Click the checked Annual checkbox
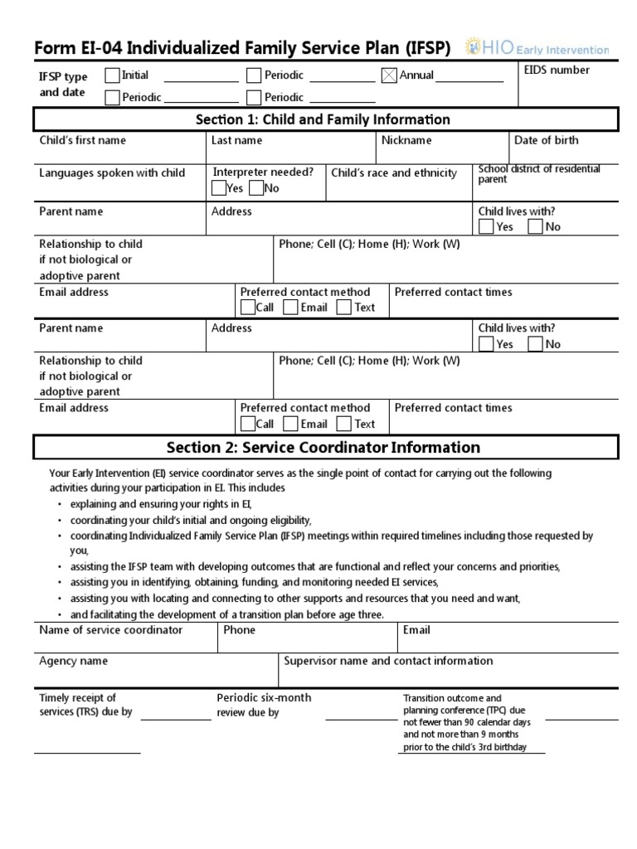click(389, 75)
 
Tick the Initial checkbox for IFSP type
click(113, 75)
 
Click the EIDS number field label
click(557, 70)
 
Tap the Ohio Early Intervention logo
click(537, 48)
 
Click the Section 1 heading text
click(323, 119)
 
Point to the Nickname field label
click(406, 140)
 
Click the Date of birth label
click(546, 140)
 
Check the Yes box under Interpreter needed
click(220, 188)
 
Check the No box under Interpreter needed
click(256, 188)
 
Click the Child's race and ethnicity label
click(394, 173)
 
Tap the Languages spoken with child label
click(112, 173)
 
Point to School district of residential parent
click(539, 174)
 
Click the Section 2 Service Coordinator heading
click(323, 448)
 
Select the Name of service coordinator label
click(111, 630)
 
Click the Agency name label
click(73, 662)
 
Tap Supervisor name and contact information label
click(388, 661)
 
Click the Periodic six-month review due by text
click(264, 705)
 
